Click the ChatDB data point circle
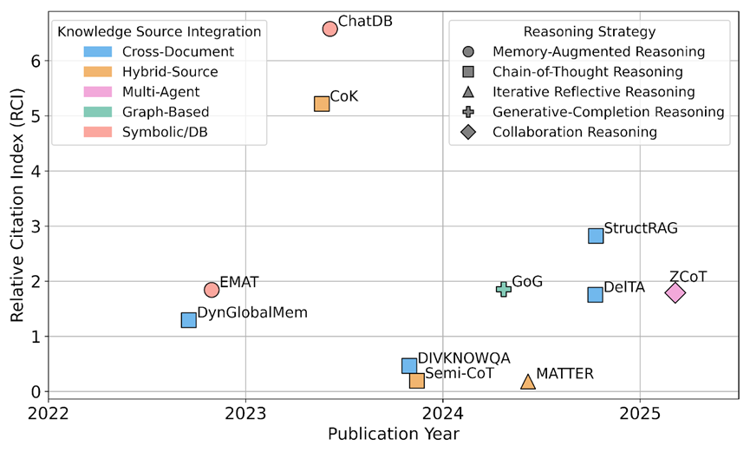pos(329,29)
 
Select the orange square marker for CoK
pos(322,104)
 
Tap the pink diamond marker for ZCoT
pos(675,292)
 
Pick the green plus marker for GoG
pos(503,289)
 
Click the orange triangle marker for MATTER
pos(528,382)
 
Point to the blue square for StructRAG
pos(596,235)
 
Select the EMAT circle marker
pos(212,290)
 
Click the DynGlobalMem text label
pos(252,312)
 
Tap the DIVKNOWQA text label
pos(464,357)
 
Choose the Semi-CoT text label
pos(460,374)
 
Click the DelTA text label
pos(624,287)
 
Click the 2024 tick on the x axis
pos(443,414)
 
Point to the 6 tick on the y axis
pos(32,61)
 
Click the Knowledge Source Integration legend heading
pos(159,31)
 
